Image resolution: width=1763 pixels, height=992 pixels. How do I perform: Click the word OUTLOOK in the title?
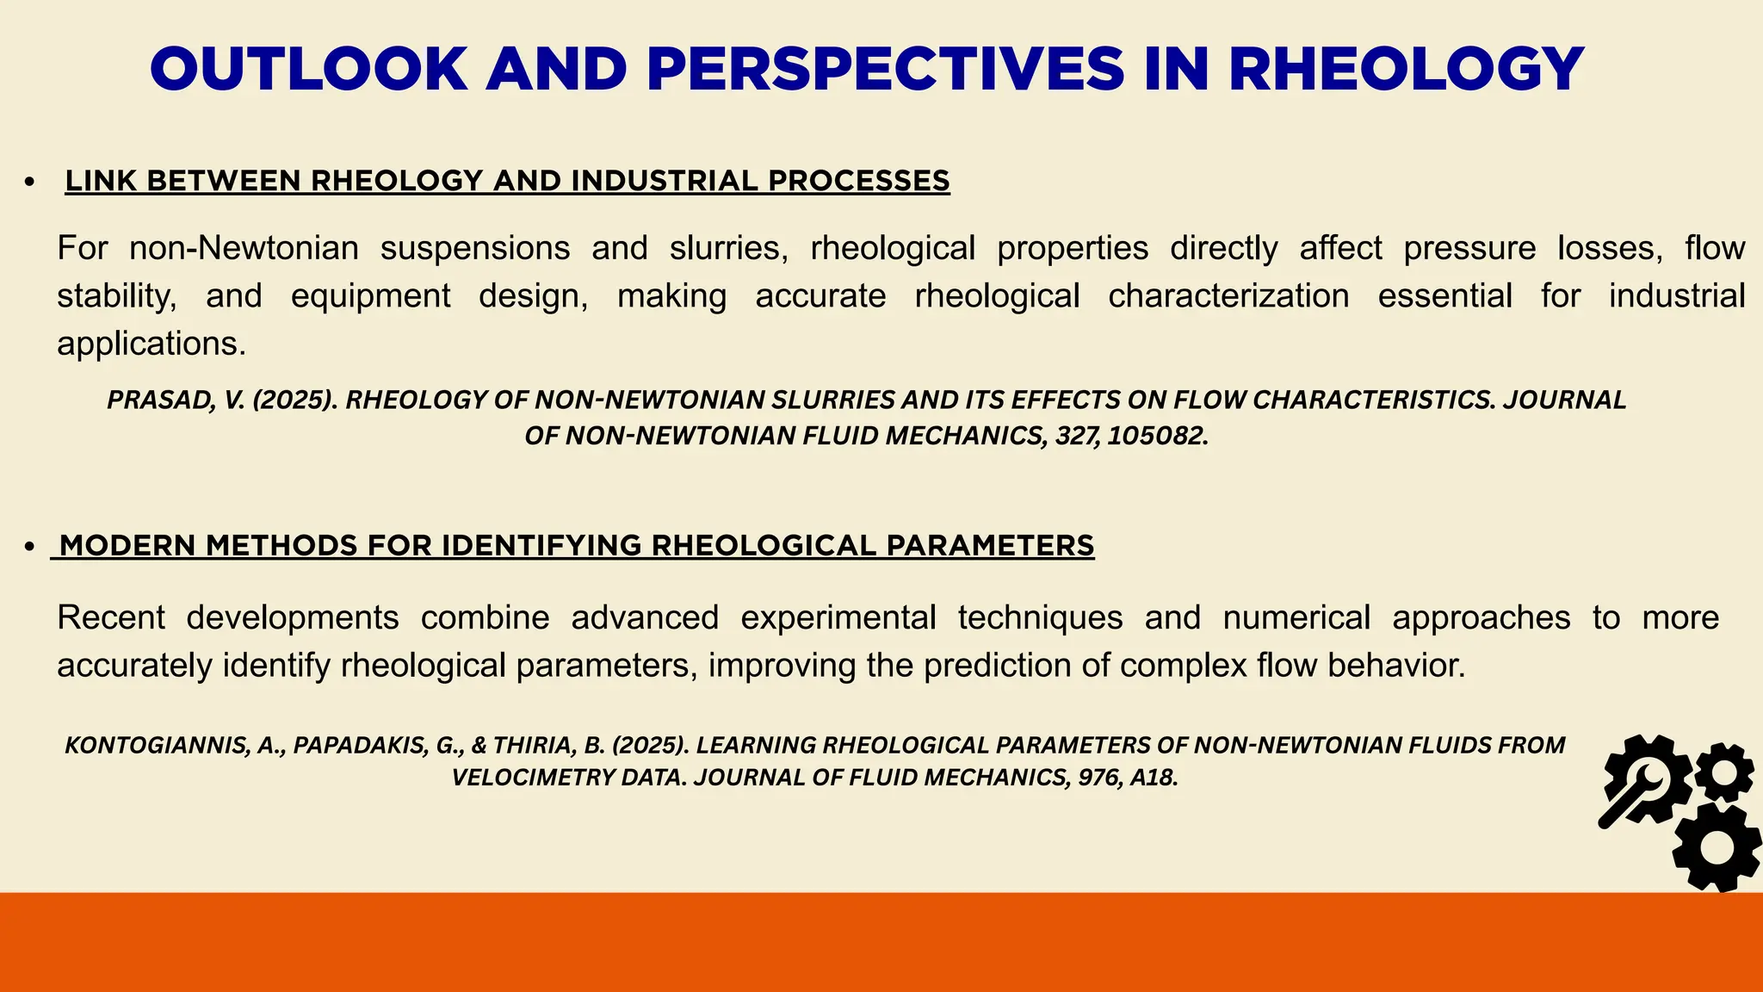pos(308,69)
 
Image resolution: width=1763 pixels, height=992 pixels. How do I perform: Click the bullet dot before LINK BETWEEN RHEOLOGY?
pos(30,182)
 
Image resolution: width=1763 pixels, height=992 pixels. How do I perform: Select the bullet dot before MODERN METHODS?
pos(30,546)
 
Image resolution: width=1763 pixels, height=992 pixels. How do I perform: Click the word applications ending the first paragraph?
pos(151,344)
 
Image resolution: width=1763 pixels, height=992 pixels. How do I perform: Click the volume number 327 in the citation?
pos(1074,436)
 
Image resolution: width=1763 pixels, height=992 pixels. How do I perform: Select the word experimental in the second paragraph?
pos(838,617)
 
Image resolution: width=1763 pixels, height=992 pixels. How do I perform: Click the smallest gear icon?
pos(1724,771)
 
